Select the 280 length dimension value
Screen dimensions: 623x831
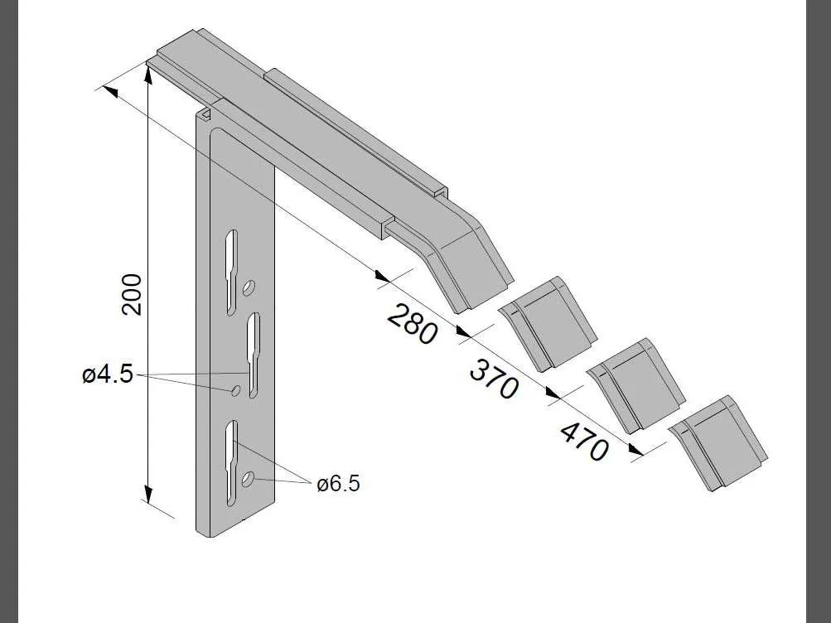pos(412,325)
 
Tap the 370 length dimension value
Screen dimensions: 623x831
pos(494,378)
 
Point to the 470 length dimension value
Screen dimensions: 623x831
pos(584,441)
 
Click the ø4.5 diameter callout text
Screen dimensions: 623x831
pos(107,374)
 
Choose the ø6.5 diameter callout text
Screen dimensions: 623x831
pos(338,484)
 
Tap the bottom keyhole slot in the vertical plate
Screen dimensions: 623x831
pos(231,460)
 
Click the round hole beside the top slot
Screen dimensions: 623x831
pos(249,288)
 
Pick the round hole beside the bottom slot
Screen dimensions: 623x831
pos(249,480)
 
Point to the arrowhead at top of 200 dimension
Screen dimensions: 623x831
pos(147,76)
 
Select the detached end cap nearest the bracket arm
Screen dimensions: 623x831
pos(548,324)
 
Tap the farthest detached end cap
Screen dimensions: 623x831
pos(717,442)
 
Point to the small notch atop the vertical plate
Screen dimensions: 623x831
pos(205,112)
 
